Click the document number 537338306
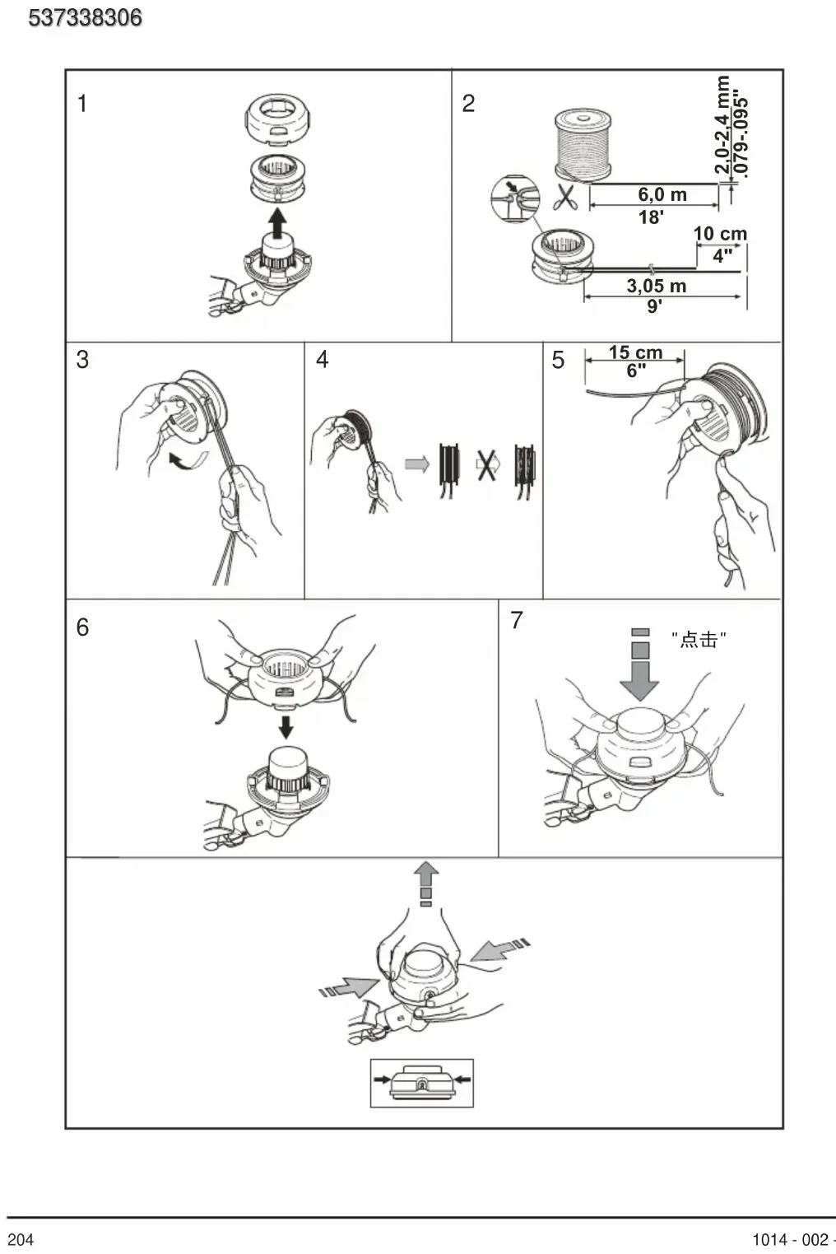pyautogui.click(x=85, y=18)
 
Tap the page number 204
pyautogui.click(x=20, y=1239)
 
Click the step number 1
pyautogui.click(x=82, y=104)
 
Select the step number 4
pyautogui.click(x=322, y=360)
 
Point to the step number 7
pyautogui.click(x=517, y=620)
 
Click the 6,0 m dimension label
pyautogui.click(x=662, y=194)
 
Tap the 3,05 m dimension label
pyautogui.click(x=657, y=286)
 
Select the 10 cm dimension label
pyautogui.click(x=720, y=234)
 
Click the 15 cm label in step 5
pyautogui.click(x=636, y=352)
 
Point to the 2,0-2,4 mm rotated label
pyautogui.click(x=722, y=125)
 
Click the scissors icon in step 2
pyautogui.click(x=565, y=197)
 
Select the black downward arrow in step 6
pyautogui.click(x=286, y=726)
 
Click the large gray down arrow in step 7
pyautogui.click(x=640, y=664)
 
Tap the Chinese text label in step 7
pyautogui.click(x=699, y=639)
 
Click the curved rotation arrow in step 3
pyautogui.click(x=188, y=460)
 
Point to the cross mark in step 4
pyautogui.click(x=486, y=464)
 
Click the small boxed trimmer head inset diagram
pyautogui.click(x=422, y=1084)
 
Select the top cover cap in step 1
pyautogui.click(x=277, y=119)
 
